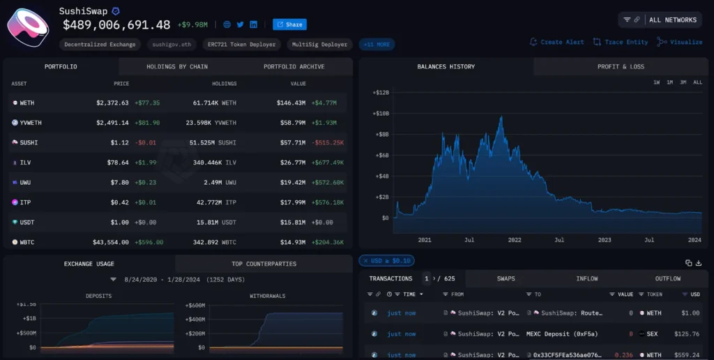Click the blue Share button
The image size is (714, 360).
tap(289, 24)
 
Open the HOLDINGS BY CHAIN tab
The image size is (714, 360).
tap(177, 67)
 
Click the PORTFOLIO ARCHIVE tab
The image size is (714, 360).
tap(294, 67)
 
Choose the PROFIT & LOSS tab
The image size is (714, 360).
tap(621, 67)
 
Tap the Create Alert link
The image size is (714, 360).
tap(557, 42)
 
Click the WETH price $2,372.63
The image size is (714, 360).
tap(112, 103)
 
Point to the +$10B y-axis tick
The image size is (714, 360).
tap(380, 113)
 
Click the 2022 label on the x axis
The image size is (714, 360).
tap(514, 239)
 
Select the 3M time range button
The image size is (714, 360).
tap(683, 82)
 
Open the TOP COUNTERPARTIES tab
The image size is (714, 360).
tap(264, 264)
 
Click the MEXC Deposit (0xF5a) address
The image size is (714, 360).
tap(562, 334)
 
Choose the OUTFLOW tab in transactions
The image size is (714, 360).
tap(667, 278)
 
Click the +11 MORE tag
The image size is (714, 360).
tap(377, 45)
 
